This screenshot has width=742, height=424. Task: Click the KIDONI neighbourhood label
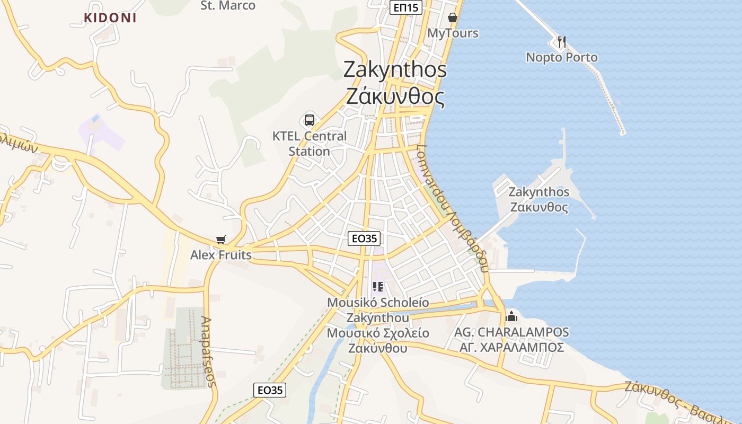(x=110, y=17)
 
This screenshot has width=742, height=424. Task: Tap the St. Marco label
(x=228, y=6)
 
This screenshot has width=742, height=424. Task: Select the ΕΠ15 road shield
(x=406, y=7)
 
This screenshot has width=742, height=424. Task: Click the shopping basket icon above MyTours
(x=453, y=17)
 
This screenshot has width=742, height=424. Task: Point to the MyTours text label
(x=453, y=33)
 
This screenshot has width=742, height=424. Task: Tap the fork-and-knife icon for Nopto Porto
(x=562, y=41)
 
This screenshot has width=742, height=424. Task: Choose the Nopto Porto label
(x=562, y=57)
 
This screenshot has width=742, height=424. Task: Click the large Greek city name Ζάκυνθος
(x=395, y=96)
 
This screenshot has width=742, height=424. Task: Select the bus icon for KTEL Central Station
(x=310, y=120)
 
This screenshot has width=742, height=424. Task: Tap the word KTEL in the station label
(x=287, y=136)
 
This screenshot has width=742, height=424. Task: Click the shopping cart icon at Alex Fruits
(x=221, y=240)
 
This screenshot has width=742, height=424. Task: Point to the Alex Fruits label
(x=221, y=255)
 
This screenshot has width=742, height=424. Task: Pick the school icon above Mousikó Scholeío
(x=378, y=287)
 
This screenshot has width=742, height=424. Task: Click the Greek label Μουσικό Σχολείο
(x=378, y=333)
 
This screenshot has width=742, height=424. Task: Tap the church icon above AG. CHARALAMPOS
(x=511, y=316)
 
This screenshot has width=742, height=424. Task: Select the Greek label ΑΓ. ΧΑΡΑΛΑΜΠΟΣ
(x=511, y=347)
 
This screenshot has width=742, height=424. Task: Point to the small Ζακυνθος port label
(x=539, y=207)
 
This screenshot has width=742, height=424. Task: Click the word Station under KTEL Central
(x=309, y=152)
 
